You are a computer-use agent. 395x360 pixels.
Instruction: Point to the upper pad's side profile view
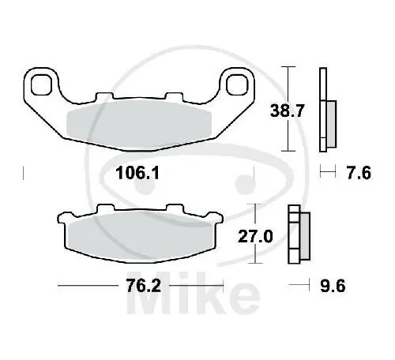(x=325, y=111)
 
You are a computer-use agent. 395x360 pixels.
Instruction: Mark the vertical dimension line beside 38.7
(x=293, y=110)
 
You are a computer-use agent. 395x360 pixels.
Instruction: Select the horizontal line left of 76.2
(x=87, y=286)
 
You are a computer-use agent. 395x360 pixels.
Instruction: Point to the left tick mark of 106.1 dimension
(x=25, y=172)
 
